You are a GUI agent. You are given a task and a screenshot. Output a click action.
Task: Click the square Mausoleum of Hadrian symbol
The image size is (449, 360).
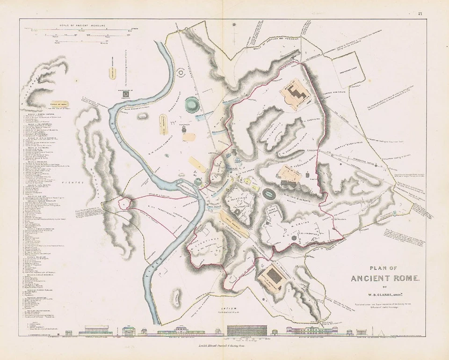(125, 95)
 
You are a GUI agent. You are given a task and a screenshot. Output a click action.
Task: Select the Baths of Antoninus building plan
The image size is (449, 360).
(274, 278)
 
